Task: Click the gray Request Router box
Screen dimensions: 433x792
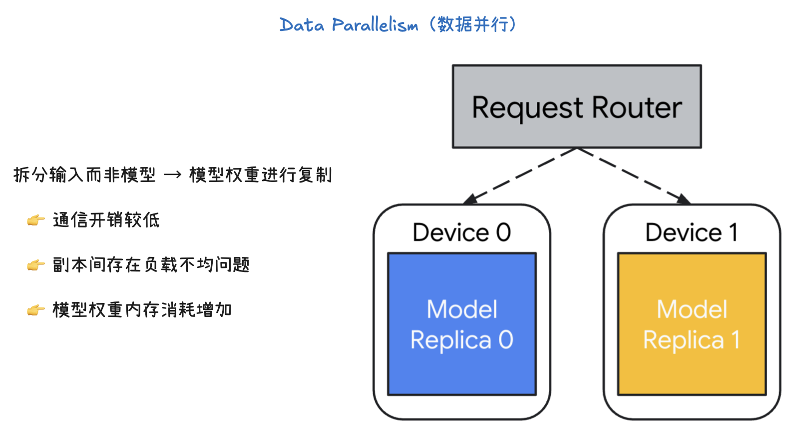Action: [x=577, y=80]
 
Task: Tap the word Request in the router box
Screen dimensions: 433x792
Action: [x=527, y=108]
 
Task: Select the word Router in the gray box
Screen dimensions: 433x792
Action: [x=637, y=108]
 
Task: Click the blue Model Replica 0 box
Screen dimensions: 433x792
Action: [x=462, y=370]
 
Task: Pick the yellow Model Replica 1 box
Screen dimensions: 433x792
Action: [x=692, y=370]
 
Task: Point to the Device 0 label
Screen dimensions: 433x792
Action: [x=462, y=232]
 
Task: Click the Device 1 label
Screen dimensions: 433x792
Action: [x=692, y=232]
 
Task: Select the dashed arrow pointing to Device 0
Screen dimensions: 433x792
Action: [x=519, y=176]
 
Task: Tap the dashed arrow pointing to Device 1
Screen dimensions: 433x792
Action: [x=634, y=176]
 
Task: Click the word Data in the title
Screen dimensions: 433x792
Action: [x=302, y=25]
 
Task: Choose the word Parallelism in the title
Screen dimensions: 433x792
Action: [x=375, y=25]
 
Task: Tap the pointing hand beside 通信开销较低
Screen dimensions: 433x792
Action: [x=35, y=220]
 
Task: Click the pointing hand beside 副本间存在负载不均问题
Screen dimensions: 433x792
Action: [x=35, y=265]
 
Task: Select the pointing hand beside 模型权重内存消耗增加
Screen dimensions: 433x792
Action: [x=35, y=310]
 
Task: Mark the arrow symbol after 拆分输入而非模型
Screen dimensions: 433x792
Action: [x=172, y=175]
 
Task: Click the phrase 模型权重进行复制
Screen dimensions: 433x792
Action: [x=260, y=175]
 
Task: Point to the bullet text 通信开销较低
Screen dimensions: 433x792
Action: [x=106, y=220]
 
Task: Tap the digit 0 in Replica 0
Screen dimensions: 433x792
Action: [x=506, y=340]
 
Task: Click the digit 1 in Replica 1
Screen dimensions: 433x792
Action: [x=736, y=340]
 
